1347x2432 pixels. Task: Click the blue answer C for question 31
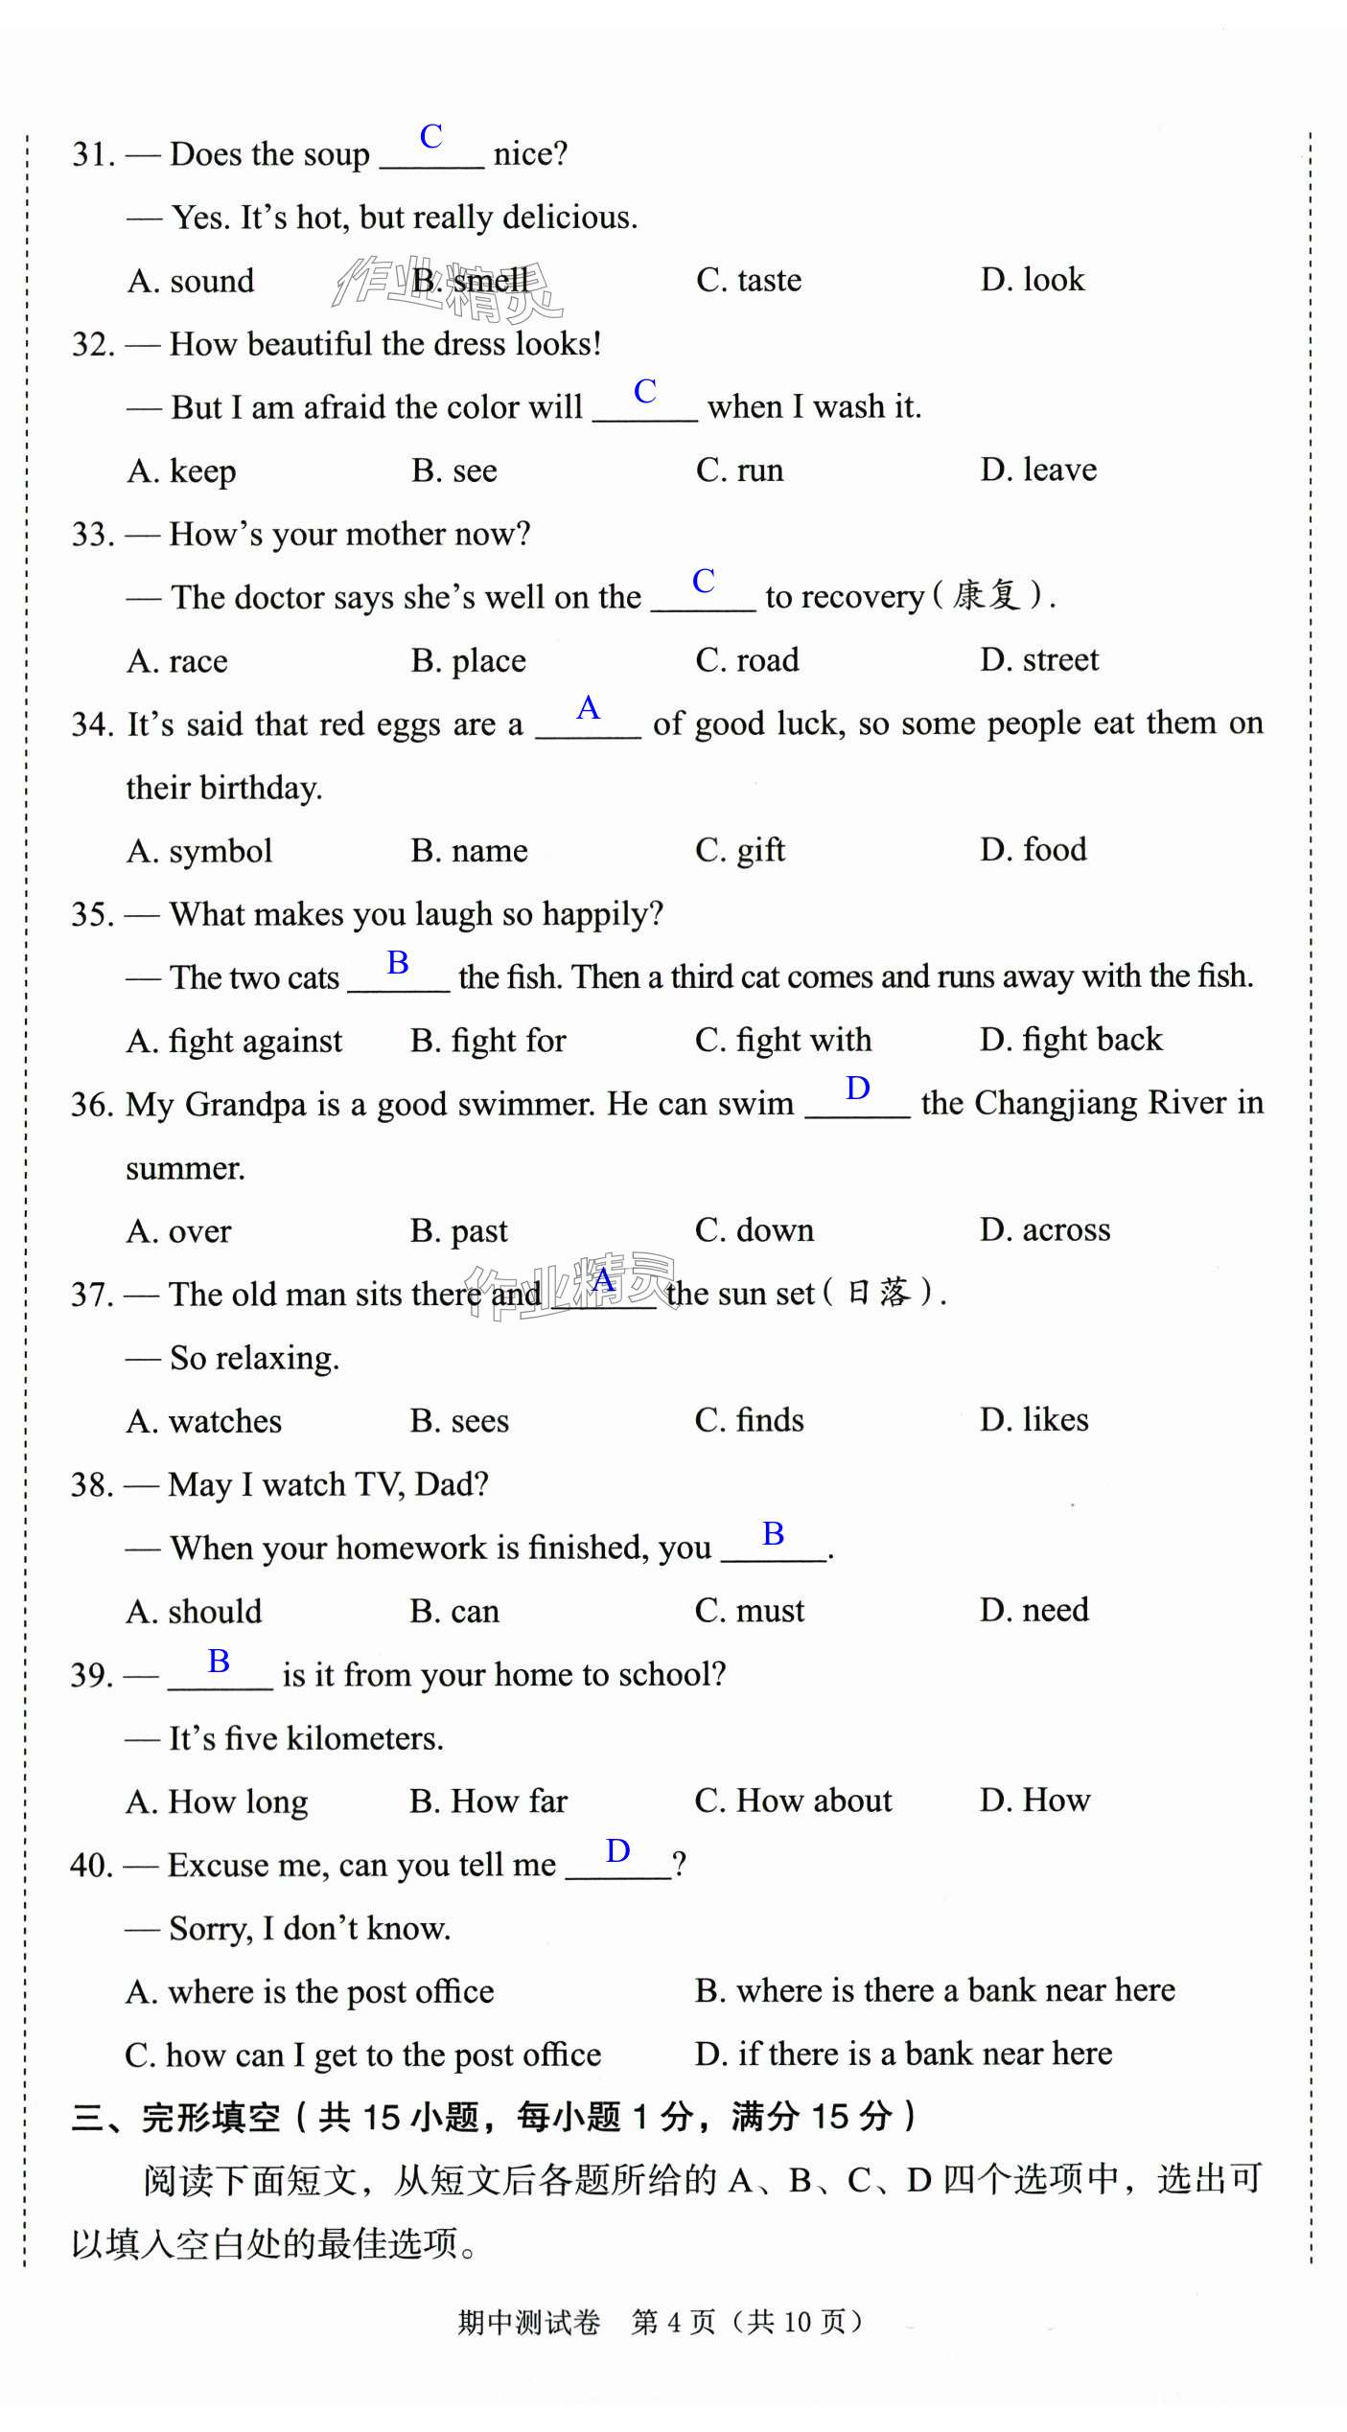(x=430, y=136)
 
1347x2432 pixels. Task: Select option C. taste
(x=748, y=280)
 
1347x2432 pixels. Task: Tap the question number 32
(x=93, y=344)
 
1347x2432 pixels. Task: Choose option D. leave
(x=1037, y=470)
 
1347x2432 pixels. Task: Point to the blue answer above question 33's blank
(x=703, y=581)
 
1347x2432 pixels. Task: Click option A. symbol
(x=199, y=850)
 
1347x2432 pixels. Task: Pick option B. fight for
(x=488, y=1040)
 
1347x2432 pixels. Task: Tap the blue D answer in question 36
(x=857, y=1089)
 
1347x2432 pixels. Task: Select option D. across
(x=1044, y=1229)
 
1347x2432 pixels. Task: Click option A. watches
(x=204, y=1420)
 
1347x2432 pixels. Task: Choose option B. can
(x=454, y=1611)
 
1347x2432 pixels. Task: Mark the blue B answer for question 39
(x=219, y=1661)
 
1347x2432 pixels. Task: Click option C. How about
(x=793, y=1801)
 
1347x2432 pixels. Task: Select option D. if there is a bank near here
(x=903, y=2053)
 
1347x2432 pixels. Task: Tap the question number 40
(x=91, y=1865)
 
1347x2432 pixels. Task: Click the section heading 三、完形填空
(x=176, y=2117)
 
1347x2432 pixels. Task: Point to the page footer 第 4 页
(x=673, y=2322)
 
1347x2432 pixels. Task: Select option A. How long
(x=217, y=1801)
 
